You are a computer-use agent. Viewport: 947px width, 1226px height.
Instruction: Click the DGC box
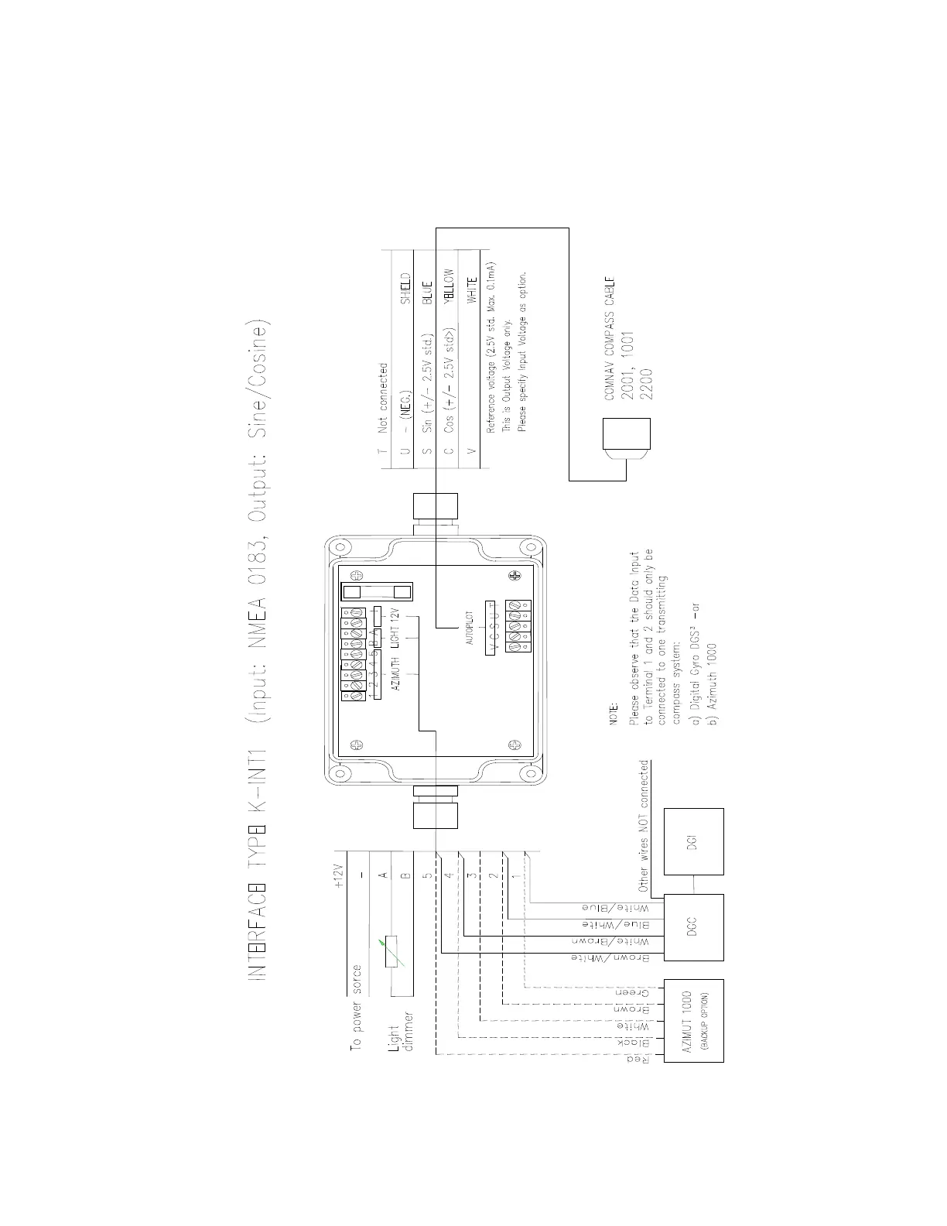coord(693,927)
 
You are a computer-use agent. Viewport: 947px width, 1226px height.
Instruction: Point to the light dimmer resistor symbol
coord(391,951)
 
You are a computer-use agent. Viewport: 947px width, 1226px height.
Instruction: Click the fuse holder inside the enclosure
coord(376,593)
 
